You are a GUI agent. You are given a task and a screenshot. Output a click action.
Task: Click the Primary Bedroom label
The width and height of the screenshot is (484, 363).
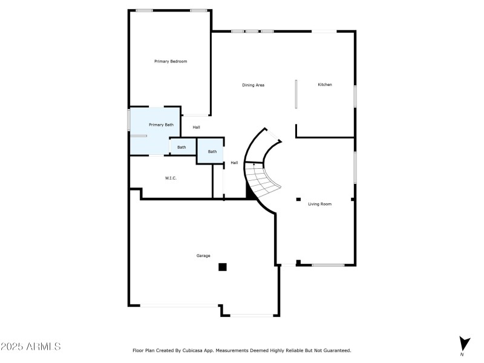click(171, 61)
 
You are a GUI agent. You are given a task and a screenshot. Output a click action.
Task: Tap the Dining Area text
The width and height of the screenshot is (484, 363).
click(253, 85)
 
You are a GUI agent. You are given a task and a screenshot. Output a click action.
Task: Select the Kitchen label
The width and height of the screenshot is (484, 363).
click(325, 85)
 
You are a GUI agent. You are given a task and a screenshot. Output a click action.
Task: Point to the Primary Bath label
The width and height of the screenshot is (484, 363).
click(161, 125)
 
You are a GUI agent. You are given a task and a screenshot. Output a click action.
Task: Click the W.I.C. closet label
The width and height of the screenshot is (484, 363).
click(170, 178)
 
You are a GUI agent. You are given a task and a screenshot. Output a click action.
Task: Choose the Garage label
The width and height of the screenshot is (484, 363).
click(203, 256)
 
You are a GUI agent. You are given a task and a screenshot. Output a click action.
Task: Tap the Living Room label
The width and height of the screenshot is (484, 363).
click(319, 204)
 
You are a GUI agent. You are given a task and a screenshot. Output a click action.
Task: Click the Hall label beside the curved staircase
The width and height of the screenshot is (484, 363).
click(234, 163)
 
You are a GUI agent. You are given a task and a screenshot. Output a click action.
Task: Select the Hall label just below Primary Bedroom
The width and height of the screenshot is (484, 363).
click(196, 128)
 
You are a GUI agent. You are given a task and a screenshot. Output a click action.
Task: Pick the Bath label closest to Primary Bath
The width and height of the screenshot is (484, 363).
click(181, 147)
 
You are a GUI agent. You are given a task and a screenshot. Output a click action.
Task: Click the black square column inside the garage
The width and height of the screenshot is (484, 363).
click(223, 267)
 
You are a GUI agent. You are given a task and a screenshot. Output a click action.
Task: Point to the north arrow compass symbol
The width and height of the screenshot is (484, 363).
click(463, 344)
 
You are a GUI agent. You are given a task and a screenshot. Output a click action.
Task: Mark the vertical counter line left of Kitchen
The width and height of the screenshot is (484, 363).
click(296, 94)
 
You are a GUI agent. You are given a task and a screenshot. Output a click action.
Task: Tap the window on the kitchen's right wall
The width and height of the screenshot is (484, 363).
click(355, 97)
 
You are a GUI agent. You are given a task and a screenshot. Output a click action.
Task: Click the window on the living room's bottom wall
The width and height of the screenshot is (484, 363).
click(328, 264)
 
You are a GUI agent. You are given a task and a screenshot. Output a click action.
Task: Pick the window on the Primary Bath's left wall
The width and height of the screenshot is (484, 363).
click(129, 119)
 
